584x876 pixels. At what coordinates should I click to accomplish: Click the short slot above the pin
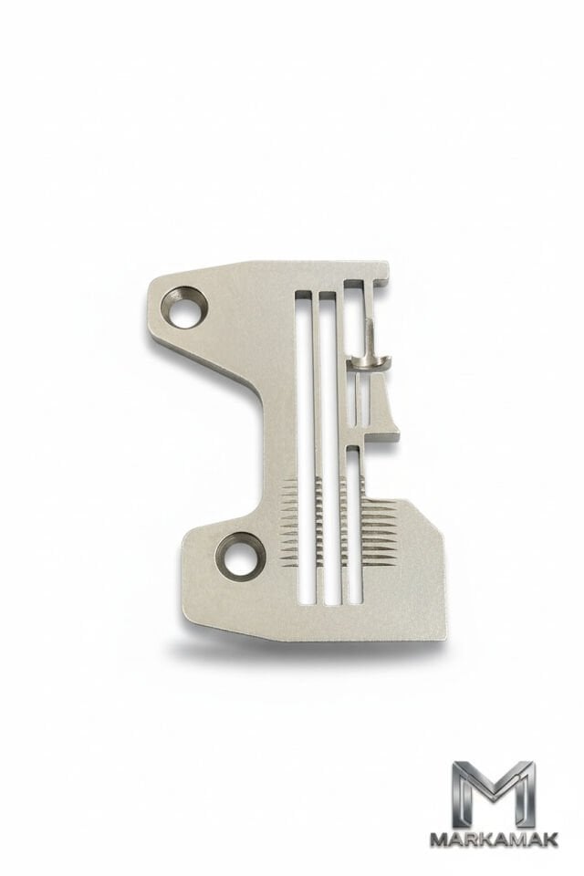(354, 318)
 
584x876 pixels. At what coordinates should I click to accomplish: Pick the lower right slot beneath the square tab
(354, 526)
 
